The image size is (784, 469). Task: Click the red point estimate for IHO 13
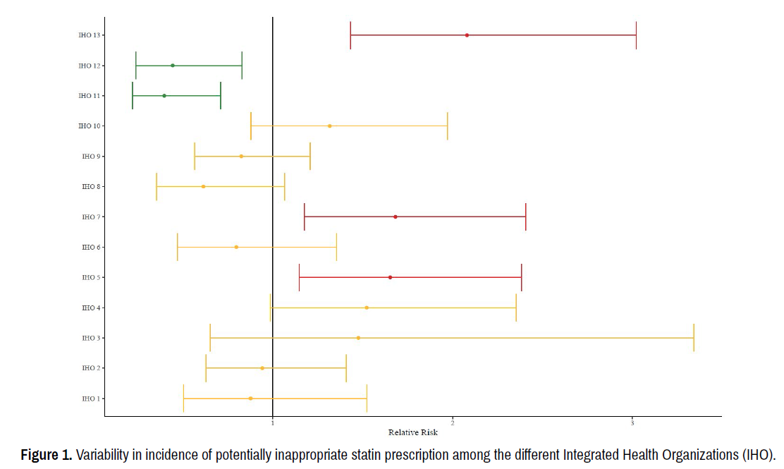tap(467, 35)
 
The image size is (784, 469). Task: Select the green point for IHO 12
tap(173, 66)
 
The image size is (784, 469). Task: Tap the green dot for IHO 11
tap(164, 96)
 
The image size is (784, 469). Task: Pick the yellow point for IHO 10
tap(330, 126)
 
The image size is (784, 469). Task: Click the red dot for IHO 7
tap(396, 217)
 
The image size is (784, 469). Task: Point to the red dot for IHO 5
tap(390, 277)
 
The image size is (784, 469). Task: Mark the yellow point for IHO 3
tap(358, 338)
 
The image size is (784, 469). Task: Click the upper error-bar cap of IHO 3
tap(694, 338)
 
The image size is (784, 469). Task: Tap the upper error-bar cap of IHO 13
tap(636, 35)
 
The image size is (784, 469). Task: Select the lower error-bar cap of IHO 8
tap(157, 186)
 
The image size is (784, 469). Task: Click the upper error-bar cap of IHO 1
tap(367, 398)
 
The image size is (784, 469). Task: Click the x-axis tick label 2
tap(453, 423)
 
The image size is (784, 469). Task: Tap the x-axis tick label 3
tap(632, 423)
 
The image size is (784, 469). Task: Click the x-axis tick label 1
tap(273, 423)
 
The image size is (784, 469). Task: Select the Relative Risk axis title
tap(412, 432)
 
